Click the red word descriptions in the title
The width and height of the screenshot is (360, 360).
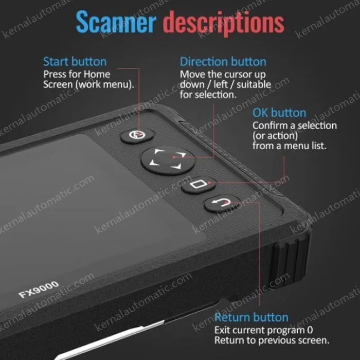tap(223, 22)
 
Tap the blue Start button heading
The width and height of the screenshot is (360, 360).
tap(75, 62)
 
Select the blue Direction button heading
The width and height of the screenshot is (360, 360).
tap(223, 62)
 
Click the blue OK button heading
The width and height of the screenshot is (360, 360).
tap(279, 113)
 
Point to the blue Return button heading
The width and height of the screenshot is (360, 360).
tap(251, 317)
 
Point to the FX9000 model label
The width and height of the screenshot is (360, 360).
tap(39, 289)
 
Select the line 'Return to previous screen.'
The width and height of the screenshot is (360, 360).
tap(272, 340)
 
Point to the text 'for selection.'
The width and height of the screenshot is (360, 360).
tap(208, 95)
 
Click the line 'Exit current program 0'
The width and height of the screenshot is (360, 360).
tap(263, 330)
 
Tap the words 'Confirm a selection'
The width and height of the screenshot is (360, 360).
tap(294, 125)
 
